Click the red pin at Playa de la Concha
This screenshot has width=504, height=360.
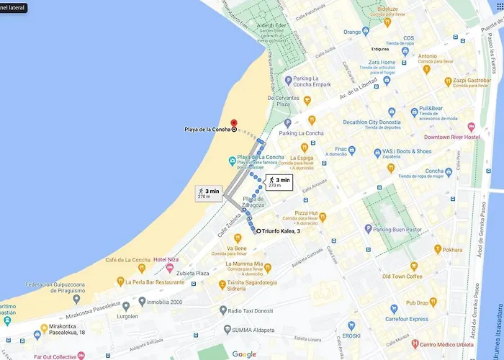point(233,122)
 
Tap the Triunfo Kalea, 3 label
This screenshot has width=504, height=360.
point(282,231)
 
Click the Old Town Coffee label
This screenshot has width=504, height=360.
point(402,276)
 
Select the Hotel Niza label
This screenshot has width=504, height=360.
point(165,259)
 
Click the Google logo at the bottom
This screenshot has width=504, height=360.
point(244,354)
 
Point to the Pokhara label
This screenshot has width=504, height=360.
point(453,250)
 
